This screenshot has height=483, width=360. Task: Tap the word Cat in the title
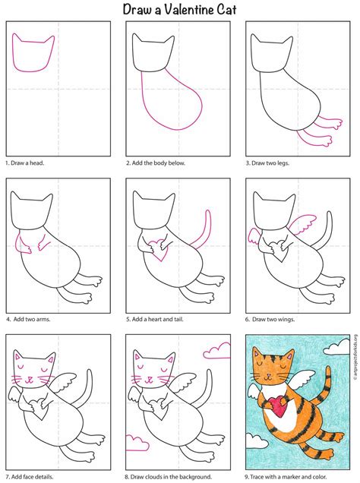pyautogui.click(x=227, y=10)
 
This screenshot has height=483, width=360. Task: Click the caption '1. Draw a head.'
pyautogui.click(x=25, y=163)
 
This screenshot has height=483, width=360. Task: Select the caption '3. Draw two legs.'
pyautogui.click(x=267, y=163)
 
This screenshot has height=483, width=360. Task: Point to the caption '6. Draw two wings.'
pyautogui.click(x=270, y=320)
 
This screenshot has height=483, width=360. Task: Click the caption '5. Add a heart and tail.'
pyautogui.click(x=155, y=320)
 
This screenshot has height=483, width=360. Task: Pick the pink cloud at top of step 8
pyautogui.click(x=216, y=351)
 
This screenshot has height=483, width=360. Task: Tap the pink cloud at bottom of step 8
pyautogui.click(x=137, y=443)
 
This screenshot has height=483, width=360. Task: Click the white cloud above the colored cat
pyautogui.click(x=336, y=347)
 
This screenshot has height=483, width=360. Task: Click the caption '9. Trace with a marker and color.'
pyautogui.click(x=286, y=476)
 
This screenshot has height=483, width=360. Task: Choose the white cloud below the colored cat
pyautogui.click(x=257, y=441)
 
